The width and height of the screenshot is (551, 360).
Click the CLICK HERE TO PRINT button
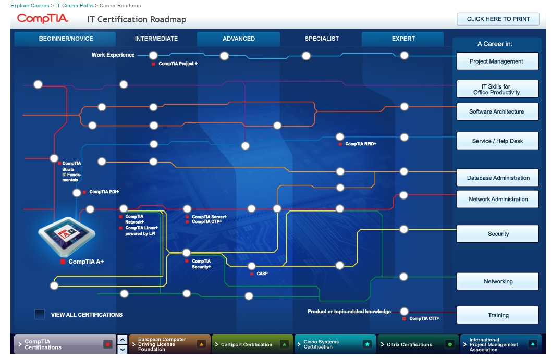click(498, 19)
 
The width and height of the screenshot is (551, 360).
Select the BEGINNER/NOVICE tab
click(66, 39)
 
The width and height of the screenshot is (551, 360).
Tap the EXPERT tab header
click(403, 39)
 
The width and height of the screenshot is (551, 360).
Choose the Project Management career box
click(497, 61)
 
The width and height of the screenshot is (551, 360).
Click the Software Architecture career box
click(497, 111)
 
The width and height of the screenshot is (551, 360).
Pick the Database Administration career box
click(497, 178)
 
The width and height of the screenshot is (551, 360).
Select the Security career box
click(497, 234)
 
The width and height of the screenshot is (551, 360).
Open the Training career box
click(497, 315)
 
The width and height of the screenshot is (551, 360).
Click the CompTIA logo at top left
click(43, 19)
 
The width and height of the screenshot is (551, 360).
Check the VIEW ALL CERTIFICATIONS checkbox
click(40, 314)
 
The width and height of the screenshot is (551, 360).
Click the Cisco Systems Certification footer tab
click(335, 344)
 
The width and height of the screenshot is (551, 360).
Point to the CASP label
click(262, 274)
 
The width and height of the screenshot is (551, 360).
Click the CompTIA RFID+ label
click(360, 144)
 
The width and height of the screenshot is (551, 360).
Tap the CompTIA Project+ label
click(178, 64)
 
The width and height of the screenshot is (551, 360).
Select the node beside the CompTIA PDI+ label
click(77, 193)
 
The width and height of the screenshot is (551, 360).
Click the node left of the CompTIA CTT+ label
click(404, 312)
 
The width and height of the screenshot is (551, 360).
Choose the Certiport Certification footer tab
click(252, 344)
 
